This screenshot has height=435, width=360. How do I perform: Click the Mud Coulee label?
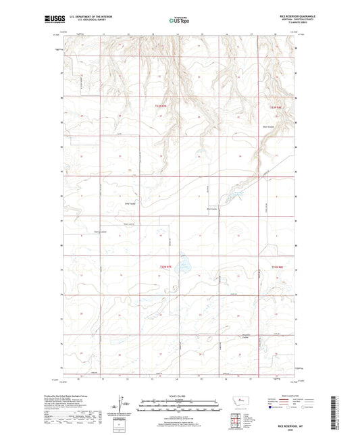coord(211,209)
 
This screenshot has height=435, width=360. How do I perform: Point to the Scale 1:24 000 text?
coord(180,396)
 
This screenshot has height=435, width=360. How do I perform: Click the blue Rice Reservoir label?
coord(238,196)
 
